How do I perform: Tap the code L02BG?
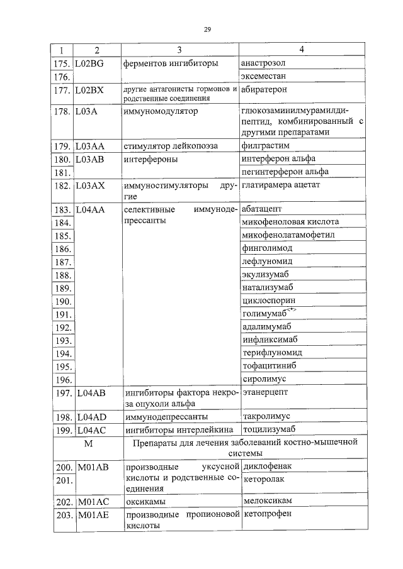[x=89, y=64]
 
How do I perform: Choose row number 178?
[x=62, y=111]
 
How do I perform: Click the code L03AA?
[x=89, y=146]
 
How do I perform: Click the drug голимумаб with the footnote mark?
[x=264, y=313]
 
